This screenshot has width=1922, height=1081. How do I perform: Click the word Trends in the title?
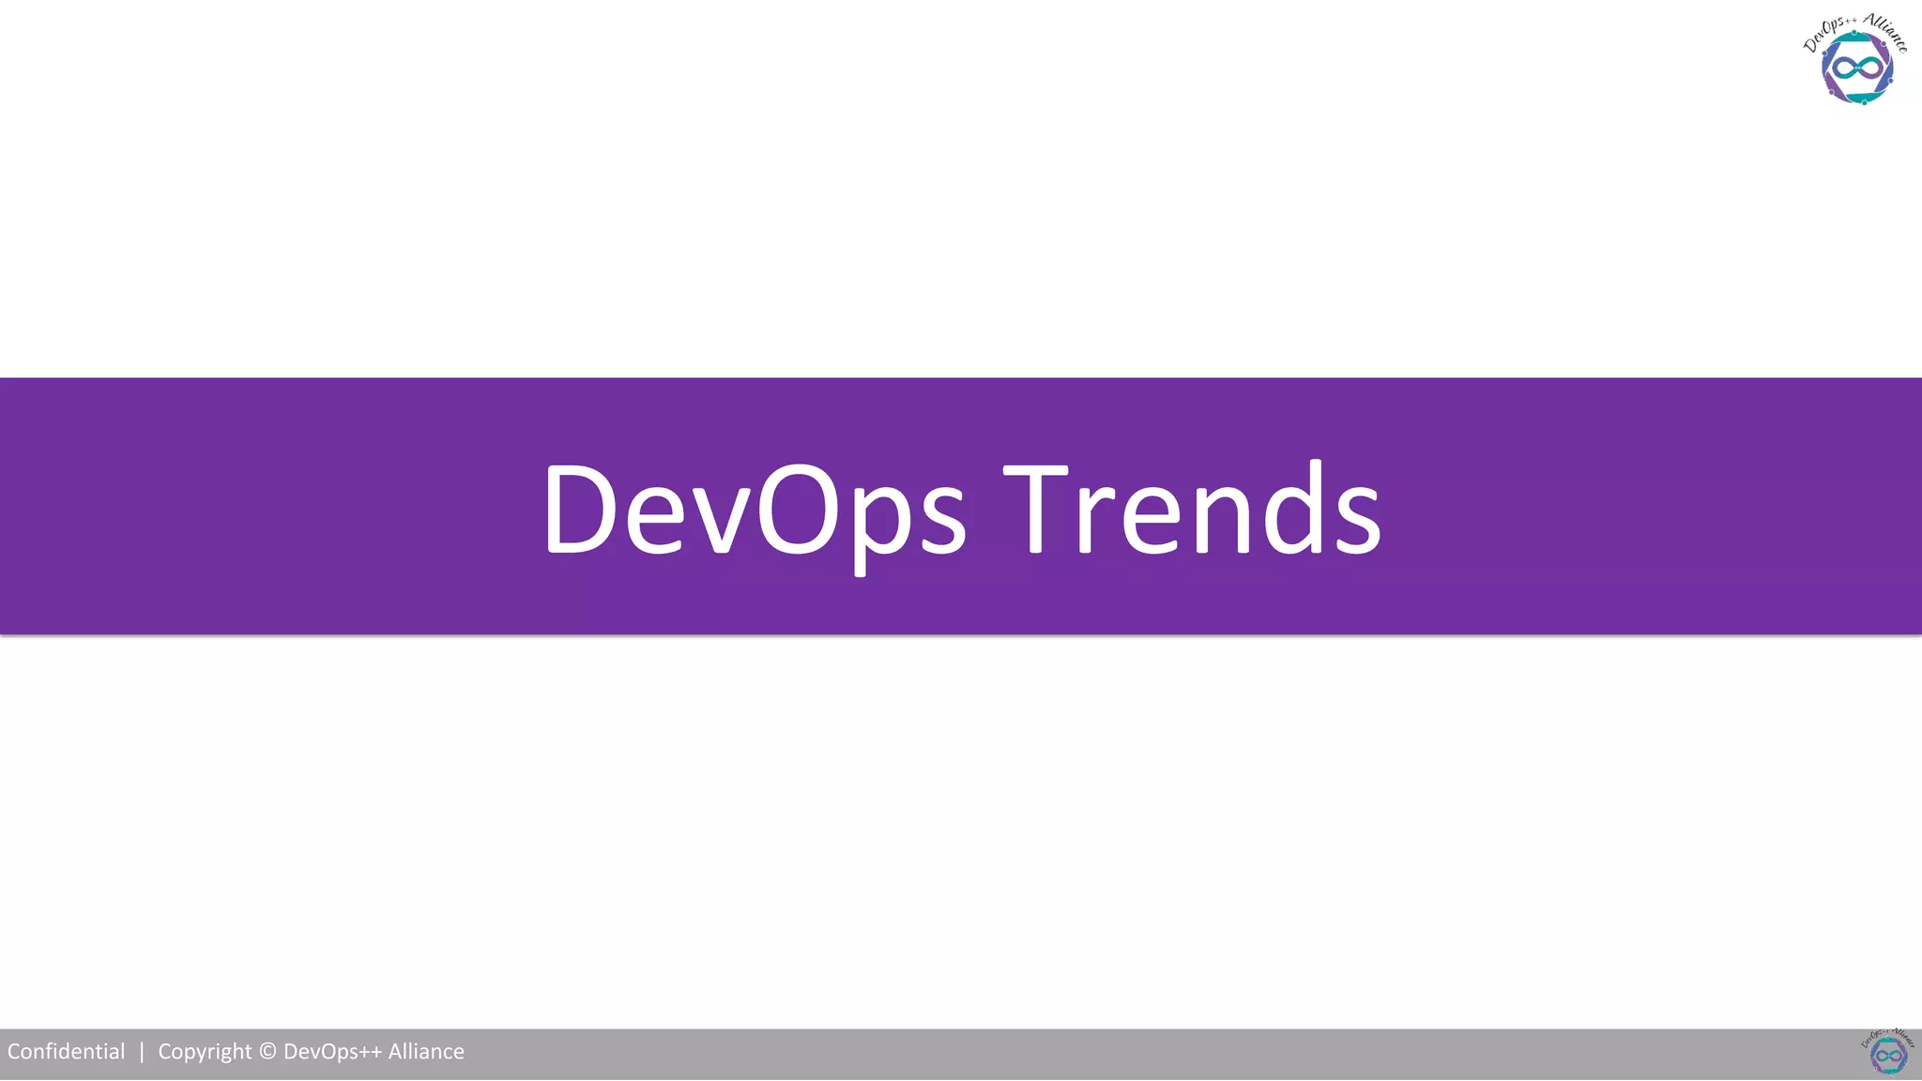(1192, 511)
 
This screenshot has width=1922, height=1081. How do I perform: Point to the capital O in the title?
(798, 511)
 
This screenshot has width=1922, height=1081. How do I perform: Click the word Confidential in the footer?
(66, 1052)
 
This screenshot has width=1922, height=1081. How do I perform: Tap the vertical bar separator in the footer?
(142, 1052)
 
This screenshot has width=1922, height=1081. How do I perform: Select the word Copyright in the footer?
(205, 1052)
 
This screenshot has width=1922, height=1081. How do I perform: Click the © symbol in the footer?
(267, 1052)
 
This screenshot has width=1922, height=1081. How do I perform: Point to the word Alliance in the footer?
(426, 1052)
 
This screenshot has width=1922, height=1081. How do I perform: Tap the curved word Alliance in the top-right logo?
(1886, 32)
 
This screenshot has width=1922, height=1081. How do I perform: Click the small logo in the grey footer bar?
(1887, 1052)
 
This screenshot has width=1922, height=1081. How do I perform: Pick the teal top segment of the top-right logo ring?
(1863, 38)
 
